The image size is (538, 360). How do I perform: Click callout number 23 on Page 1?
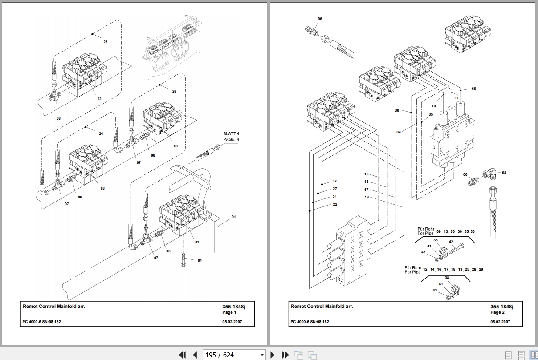[x=106, y=42]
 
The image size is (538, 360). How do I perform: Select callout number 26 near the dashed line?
[x=174, y=91]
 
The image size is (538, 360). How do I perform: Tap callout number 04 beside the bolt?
[x=200, y=261]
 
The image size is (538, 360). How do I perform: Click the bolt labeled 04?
[x=183, y=260]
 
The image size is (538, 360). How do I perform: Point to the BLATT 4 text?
[x=231, y=133]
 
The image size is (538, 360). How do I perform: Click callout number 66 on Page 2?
[x=473, y=89]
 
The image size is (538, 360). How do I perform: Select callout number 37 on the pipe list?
[x=334, y=182]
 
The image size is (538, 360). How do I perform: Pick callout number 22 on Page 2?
[x=335, y=205]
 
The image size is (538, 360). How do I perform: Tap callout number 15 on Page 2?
[x=366, y=174]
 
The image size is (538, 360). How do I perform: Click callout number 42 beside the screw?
[x=451, y=242]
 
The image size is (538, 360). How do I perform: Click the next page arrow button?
[x=272, y=355]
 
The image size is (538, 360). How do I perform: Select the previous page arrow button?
[x=195, y=355]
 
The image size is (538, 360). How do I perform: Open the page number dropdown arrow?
[x=262, y=355]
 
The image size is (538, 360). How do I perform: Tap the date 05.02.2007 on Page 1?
[x=232, y=322]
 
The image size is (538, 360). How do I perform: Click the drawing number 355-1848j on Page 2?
[x=502, y=307]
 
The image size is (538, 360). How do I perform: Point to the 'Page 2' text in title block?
[x=497, y=312]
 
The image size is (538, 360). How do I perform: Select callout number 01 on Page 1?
[x=234, y=217]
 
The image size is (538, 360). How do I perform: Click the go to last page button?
[x=285, y=355]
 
